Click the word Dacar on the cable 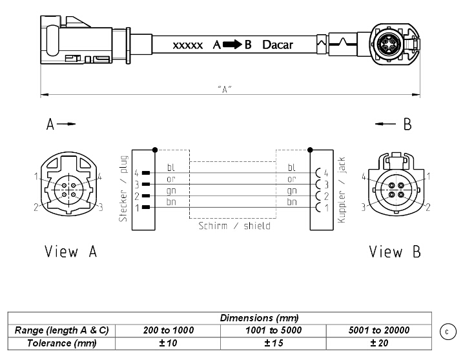[x=278, y=45]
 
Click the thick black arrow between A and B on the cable [x=232, y=45]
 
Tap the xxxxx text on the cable [x=188, y=45]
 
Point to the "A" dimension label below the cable [x=225, y=88]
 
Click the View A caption [x=71, y=252]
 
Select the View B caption [x=395, y=252]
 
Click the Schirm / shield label [x=234, y=226]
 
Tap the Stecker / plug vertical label [x=123, y=188]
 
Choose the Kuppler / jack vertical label [x=342, y=190]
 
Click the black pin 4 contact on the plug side [x=146, y=173]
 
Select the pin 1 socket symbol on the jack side [x=318, y=208]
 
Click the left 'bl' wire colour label [x=171, y=167]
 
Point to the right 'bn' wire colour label [x=292, y=202]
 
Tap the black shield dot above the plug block [x=155, y=150]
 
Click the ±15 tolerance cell [x=273, y=343]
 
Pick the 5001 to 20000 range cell [x=379, y=330]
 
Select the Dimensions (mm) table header [x=259, y=318]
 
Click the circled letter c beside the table [x=448, y=332]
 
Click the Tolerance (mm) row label [x=62, y=343]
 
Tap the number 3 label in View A [x=101, y=208]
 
